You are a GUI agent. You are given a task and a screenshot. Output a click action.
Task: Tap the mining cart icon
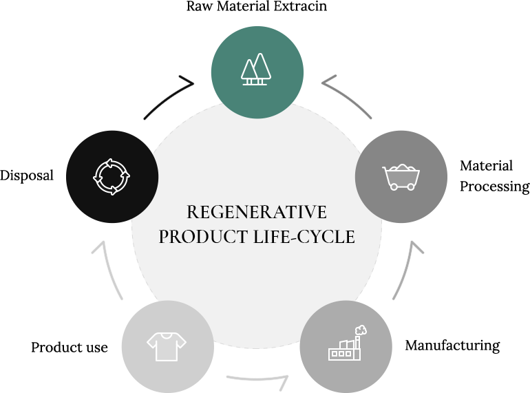401,177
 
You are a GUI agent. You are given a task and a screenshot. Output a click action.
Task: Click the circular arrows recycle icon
112,177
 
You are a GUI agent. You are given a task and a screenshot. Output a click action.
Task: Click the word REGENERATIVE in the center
256,212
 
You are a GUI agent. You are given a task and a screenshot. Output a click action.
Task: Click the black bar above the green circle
256,6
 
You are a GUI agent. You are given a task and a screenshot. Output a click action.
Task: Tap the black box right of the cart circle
494,177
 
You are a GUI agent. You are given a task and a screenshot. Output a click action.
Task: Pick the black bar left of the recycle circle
27,177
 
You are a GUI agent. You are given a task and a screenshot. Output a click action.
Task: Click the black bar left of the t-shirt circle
48,347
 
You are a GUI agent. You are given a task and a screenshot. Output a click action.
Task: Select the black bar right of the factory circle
474,346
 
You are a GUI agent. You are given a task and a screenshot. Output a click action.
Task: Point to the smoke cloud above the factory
361,329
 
